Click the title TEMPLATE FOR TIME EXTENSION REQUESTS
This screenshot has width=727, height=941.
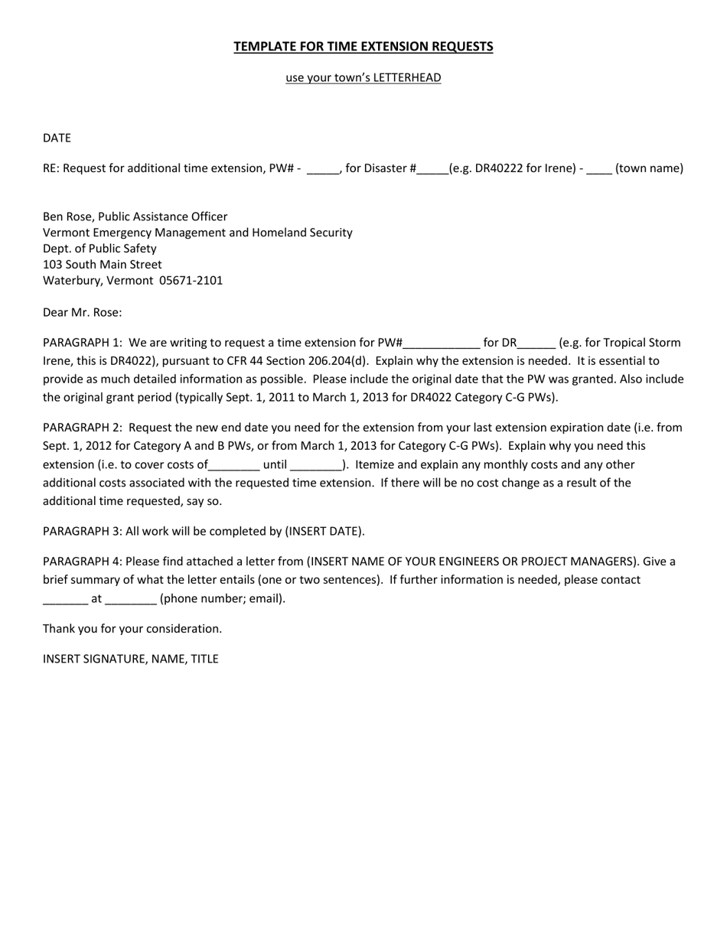coord(363,47)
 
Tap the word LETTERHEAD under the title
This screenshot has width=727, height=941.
coord(407,78)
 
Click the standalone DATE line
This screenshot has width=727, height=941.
coord(57,138)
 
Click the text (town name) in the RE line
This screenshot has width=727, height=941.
coord(649,168)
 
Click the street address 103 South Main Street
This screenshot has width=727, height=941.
coord(102,265)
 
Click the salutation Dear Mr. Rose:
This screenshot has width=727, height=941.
coord(82,312)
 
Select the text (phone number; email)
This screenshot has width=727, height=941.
coord(223,598)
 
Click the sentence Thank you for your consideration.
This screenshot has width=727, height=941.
coord(132,629)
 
